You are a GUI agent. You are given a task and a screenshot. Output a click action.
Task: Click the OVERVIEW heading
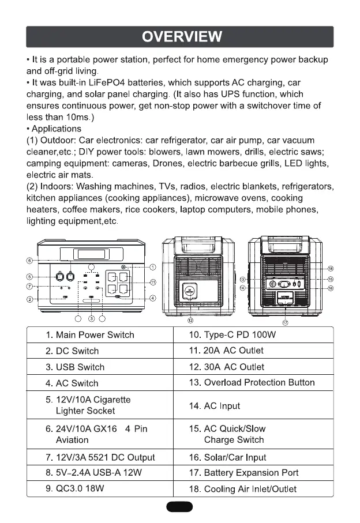pyautogui.click(x=180, y=37)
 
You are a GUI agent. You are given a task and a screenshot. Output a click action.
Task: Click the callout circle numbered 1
pyautogui.click(x=153, y=267)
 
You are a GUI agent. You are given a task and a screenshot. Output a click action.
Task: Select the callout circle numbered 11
pyautogui.click(x=153, y=282)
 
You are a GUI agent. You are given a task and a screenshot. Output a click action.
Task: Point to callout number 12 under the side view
pyautogui.click(x=190, y=319)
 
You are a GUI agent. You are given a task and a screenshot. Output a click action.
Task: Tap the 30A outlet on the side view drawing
pyautogui.click(x=190, y=291)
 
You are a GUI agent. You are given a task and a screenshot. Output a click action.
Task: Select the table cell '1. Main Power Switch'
pyautogui.click(x=89, y=335)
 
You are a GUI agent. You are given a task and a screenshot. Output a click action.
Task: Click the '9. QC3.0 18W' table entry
pyautogui.click(x=77, y=489)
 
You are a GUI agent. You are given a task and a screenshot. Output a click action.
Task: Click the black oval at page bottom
pyautogui.click(x=179, y=507)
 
